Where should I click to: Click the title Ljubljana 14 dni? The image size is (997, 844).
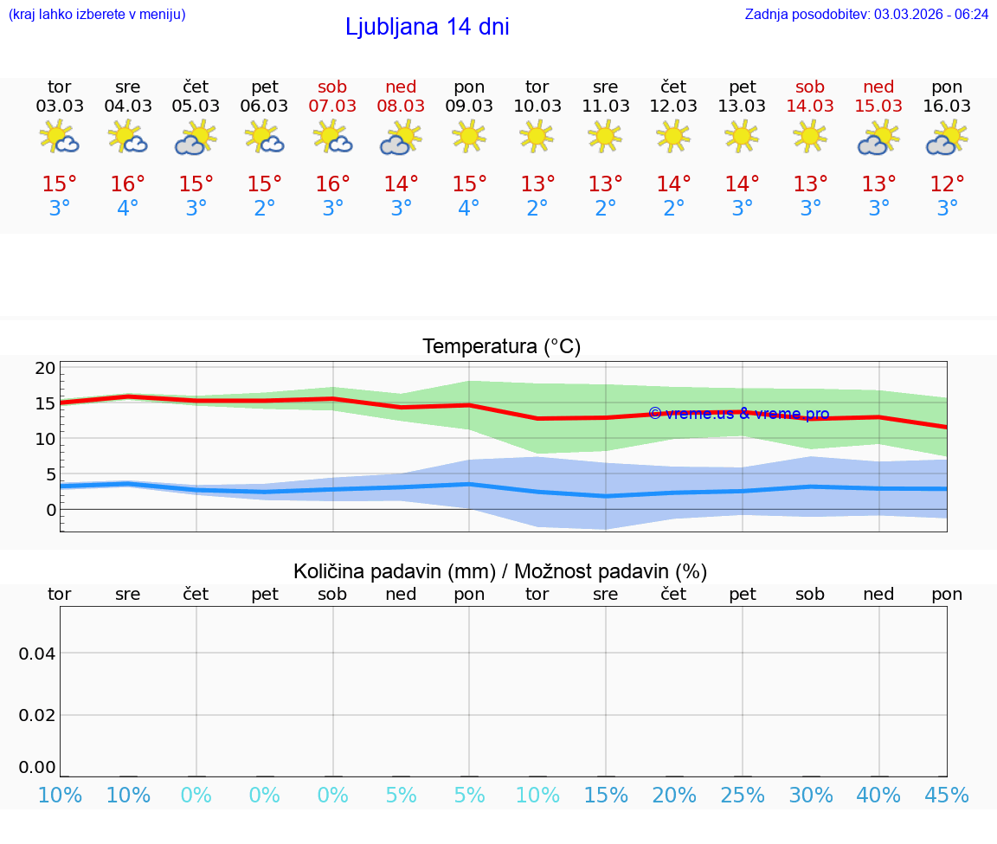coord(427,27)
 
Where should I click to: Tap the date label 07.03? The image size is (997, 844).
coord(332,106)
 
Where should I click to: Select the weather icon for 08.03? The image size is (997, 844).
coord(401,138)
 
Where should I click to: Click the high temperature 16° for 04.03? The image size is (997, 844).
coord(127,184)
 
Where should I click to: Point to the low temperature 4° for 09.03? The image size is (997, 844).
coord(469,209)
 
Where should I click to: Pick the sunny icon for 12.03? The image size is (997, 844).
coord(673,136)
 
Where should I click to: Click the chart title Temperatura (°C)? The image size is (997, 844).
coord(501,347)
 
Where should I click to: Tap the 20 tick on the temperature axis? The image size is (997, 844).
coord(45,368)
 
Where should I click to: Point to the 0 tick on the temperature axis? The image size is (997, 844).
coord(50,510)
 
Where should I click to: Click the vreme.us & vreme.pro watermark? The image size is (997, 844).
coord(739,414)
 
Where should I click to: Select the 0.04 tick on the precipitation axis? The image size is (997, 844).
coord(37,654)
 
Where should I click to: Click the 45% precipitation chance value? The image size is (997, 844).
coord(947,796)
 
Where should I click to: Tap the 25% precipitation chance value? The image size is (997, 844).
coord(742,796)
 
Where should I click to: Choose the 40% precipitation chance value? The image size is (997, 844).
coord(878,796)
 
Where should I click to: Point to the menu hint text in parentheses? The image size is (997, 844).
coord(97,15)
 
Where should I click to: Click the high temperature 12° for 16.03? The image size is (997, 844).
coord(947,184)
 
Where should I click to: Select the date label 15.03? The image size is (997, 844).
coord(878,106)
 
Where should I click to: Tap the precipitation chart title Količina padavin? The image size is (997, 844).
coord(500,571)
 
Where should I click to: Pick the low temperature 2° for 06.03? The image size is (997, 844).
coord(264,209)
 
